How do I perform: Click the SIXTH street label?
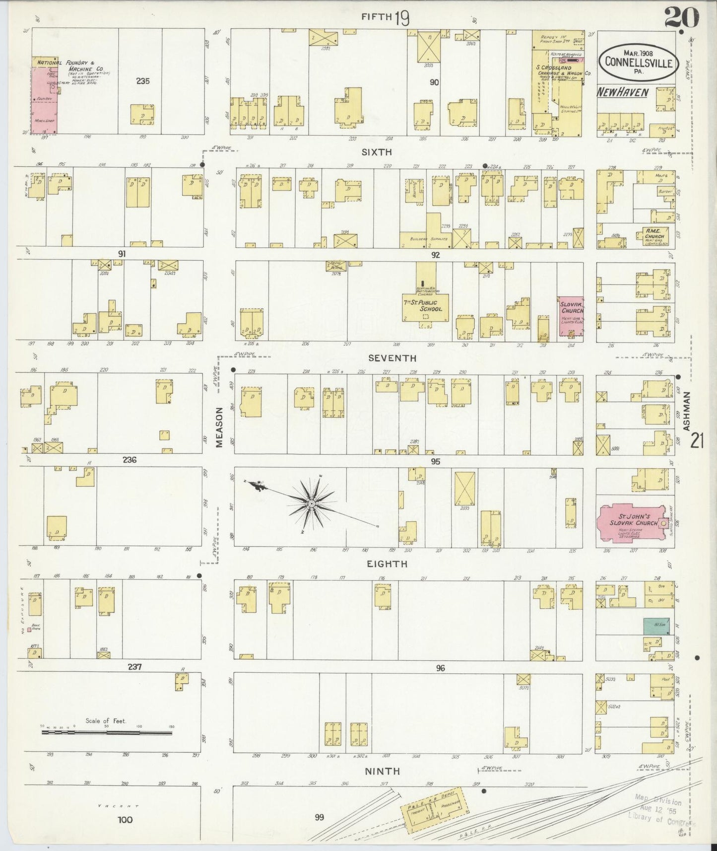tap(377, 152)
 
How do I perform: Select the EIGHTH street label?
tap(387, 564)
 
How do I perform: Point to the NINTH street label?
tap(382, 771)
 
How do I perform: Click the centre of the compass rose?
tap(311, 504)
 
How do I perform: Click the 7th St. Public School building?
tap(425, 304)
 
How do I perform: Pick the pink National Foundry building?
tap(44, 99)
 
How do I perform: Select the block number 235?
tap(143, 80)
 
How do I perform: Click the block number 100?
tap(125, 819)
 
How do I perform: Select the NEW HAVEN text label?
tap(623, 92)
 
